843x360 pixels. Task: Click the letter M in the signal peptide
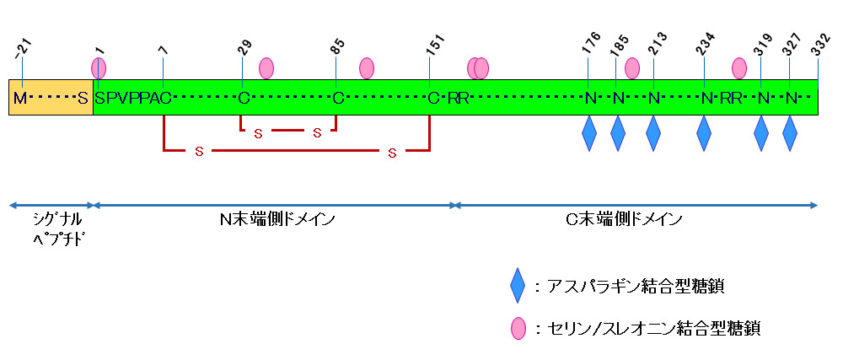[19, 99]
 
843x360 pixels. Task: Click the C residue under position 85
[337, 99]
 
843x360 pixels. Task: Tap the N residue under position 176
[590, 99]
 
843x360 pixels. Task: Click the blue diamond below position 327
[790, 133]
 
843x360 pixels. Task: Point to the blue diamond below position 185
[618, 133]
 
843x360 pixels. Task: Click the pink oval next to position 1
[99, 67]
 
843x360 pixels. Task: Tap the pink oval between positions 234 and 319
[739, 67]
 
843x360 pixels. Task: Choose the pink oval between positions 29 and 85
[266, 67]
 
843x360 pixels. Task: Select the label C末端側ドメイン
[624, 220]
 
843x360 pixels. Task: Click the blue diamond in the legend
[518, 287]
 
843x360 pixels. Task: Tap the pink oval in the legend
[518, 328]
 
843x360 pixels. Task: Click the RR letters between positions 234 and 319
[730, 99]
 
